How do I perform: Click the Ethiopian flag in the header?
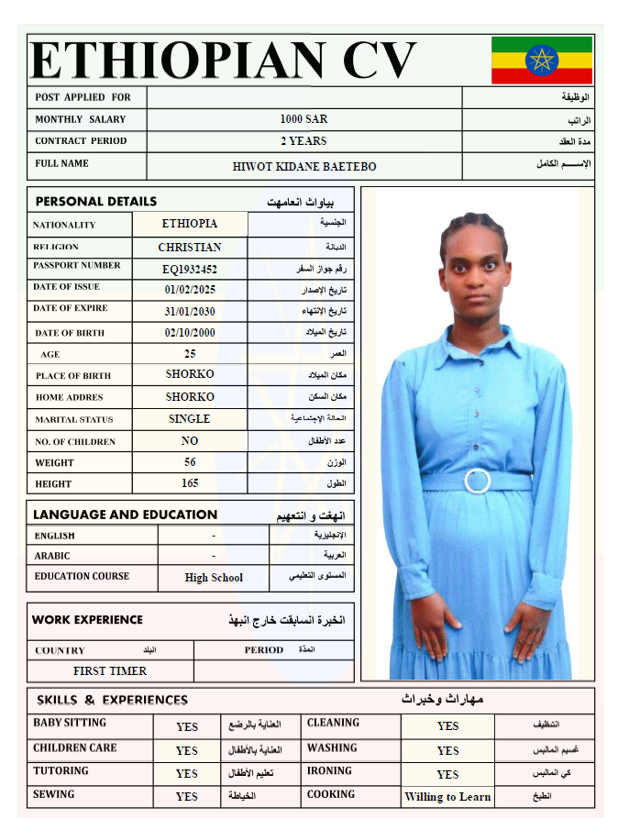542,60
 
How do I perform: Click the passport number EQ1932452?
190,270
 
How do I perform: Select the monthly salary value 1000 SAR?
303,119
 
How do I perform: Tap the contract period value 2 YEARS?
303,141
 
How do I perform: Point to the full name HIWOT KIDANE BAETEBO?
304,167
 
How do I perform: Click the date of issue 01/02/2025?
190,290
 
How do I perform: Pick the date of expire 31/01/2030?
190,311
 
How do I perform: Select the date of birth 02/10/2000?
190,333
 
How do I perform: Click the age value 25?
190,353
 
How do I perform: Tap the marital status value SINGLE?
190,419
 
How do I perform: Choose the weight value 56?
190,462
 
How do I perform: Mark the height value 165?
190,483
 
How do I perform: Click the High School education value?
214,578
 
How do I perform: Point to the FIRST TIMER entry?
110,671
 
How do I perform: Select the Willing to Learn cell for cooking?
447,797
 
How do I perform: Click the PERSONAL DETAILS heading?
96,202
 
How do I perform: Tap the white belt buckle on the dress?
477,481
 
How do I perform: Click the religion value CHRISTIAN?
190,248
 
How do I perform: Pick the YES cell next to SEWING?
187,797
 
